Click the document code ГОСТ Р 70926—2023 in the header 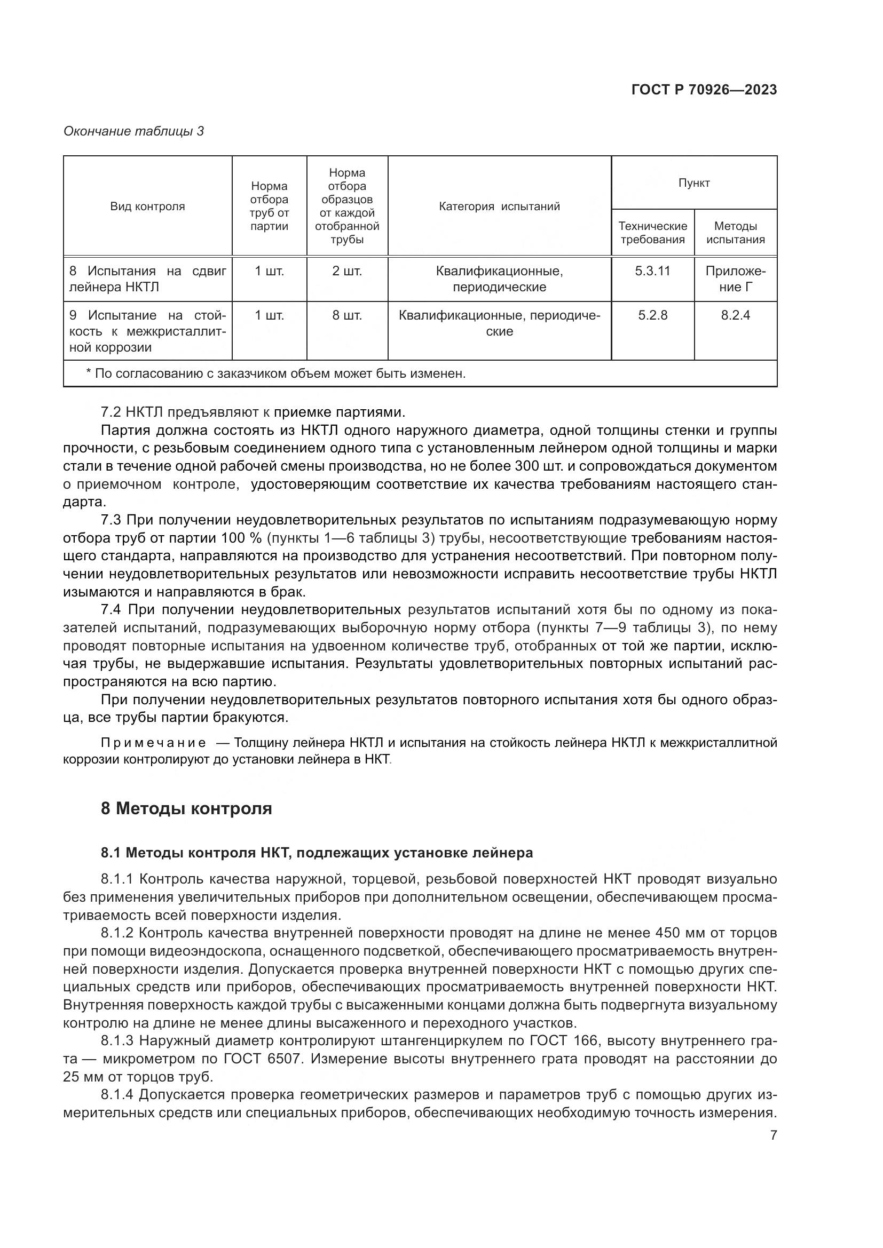pyautogui.click(x=704, y=90)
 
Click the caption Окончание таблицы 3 pyautogui.click(x=133, y=131)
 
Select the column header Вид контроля pyautogui.click(x=147, y=206)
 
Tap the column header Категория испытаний pyautogui.click(x=499, y=206)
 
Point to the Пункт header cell pyautogui.click(x=694, y=183)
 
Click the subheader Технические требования pyautogui.click(x=652, y=233)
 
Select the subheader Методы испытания pyautogui.click(x=735, y=233)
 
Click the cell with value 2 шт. pyautogui.click(x=347, y=271)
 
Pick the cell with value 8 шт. pyautogui.click(x=347, y=315)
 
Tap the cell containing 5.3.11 pyautogui.click(x=652, y=271)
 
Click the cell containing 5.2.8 pyautogui.click(x=652, y=315)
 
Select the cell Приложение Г pyautogui.click(x=735, y=279)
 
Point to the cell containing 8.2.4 pyautogui.click(x=735, y=315)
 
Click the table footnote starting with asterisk pyautogui.click(x=275, y=373)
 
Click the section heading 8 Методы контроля pyautogui.click(x=186, y=808)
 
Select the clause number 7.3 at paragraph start pyautogui.click(x=111, y=520)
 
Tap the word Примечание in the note pyautogui.click(x=153, y=743)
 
